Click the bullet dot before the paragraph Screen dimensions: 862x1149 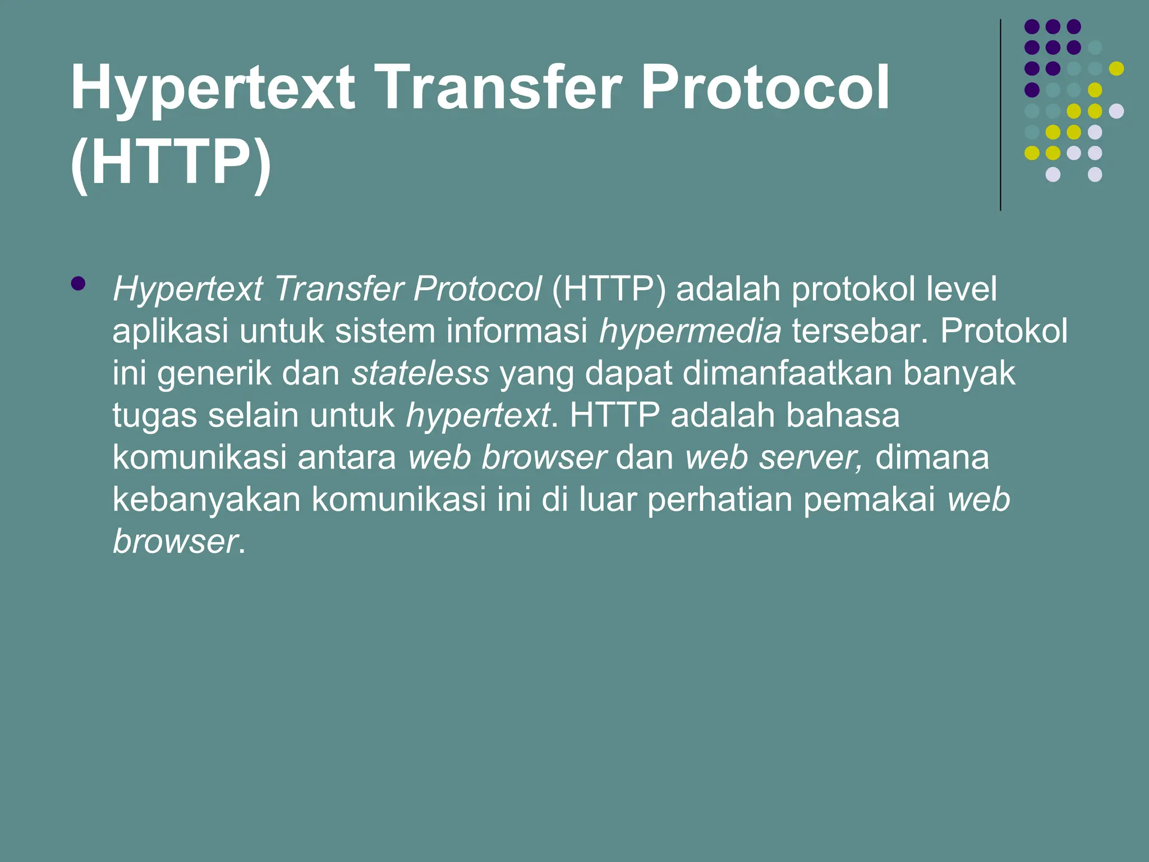(79, 283)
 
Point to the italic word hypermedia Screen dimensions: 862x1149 (690, 332)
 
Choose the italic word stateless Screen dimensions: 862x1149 (420, 374)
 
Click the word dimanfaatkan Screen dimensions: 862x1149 (787, 373)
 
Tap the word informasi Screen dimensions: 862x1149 (517, 331)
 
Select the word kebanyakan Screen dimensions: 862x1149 (206, 499)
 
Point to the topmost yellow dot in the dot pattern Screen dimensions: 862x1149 (1116, 68)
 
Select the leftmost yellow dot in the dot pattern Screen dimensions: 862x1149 (1032, 153)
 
